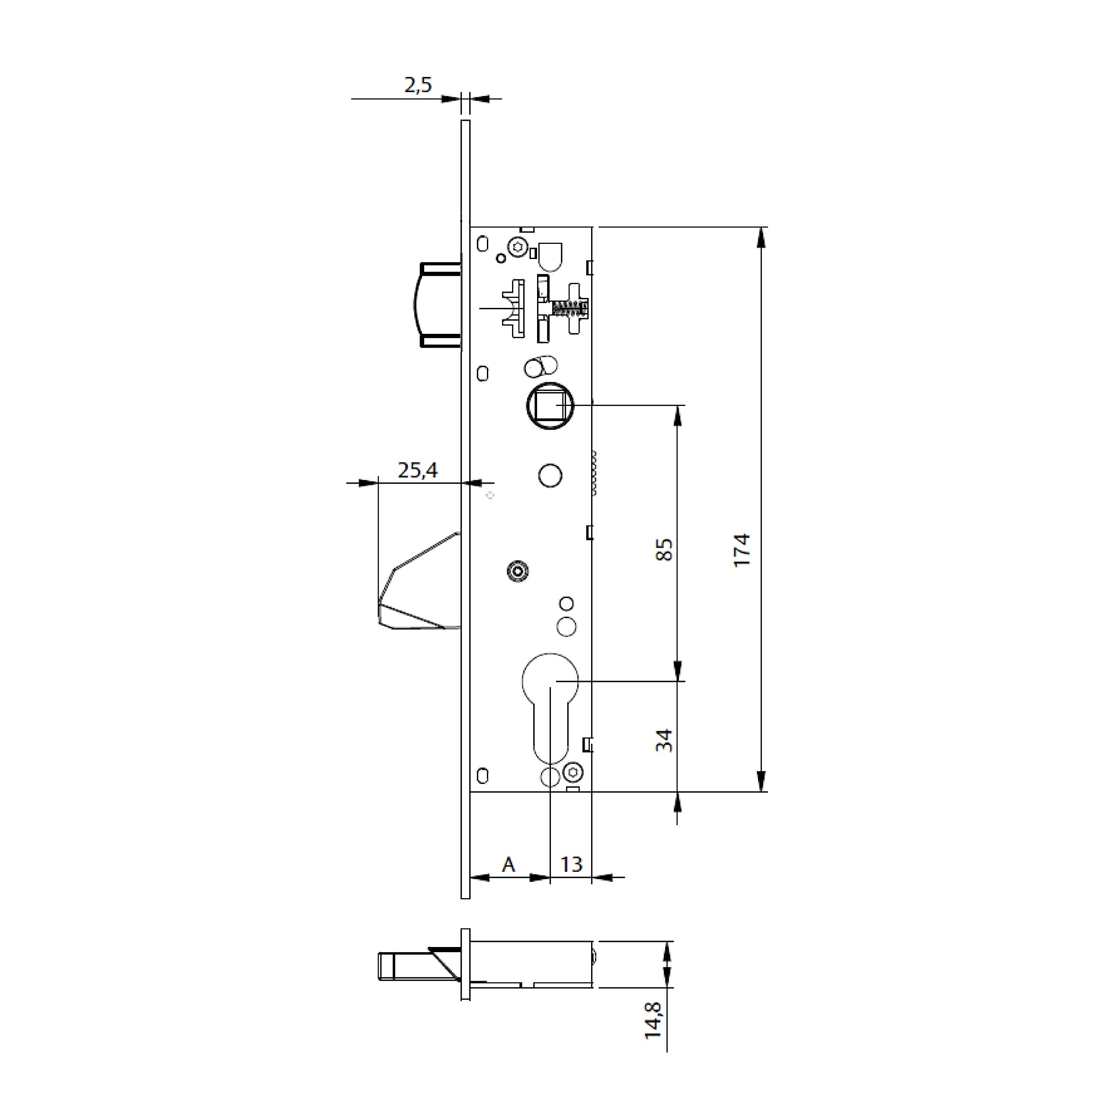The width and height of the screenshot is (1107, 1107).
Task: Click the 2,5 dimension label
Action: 418,85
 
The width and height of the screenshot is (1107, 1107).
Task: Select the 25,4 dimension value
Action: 418,470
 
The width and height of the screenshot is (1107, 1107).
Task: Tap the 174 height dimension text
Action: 742,550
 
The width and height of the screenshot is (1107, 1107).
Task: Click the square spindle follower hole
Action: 550,406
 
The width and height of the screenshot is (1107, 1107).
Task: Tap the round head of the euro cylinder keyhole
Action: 550,681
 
